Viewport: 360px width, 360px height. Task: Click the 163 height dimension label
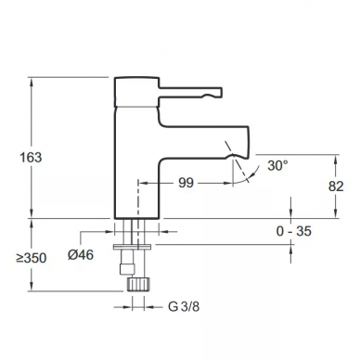point(31,158)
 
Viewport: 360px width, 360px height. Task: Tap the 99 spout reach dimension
point(186,183)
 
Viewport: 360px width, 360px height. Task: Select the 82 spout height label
point(336,186)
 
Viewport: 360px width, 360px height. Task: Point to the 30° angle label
point(277,165)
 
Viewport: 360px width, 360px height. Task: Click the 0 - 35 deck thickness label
point(293,231)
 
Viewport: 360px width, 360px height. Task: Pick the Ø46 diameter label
point(81,255)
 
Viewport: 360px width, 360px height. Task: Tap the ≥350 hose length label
point(32,258)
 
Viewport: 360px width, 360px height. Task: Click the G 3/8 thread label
point(184,307)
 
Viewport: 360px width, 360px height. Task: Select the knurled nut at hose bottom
point(138,284)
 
